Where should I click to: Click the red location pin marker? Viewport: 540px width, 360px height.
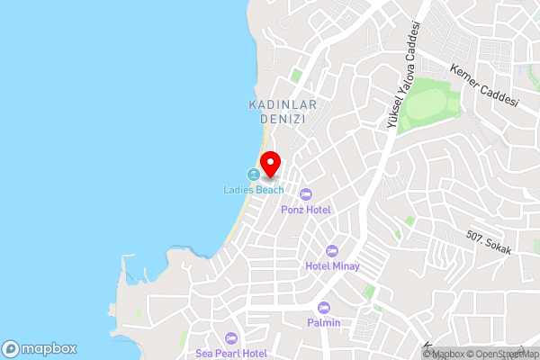click(x=270, y=165)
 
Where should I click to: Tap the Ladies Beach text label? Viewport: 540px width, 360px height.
click(x=254, y=190)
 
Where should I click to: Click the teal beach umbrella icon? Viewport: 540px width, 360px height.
click(x=254, y=174)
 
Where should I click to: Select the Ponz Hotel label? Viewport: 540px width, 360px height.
click(x=306, y=210)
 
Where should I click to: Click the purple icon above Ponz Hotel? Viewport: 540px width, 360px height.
click(x=306, y=193)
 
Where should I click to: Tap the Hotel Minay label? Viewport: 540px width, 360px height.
click(x=332, y=265)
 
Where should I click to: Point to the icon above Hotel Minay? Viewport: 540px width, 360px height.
click(x=332, y=250)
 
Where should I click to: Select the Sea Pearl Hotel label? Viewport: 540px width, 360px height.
click(x=231, y=353)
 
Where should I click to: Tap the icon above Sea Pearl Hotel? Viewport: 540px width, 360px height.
click(x=231, y=337)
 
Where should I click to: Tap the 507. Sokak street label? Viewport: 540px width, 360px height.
click(x=489, y=243)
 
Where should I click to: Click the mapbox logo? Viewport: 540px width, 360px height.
click(x=39, y=348)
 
